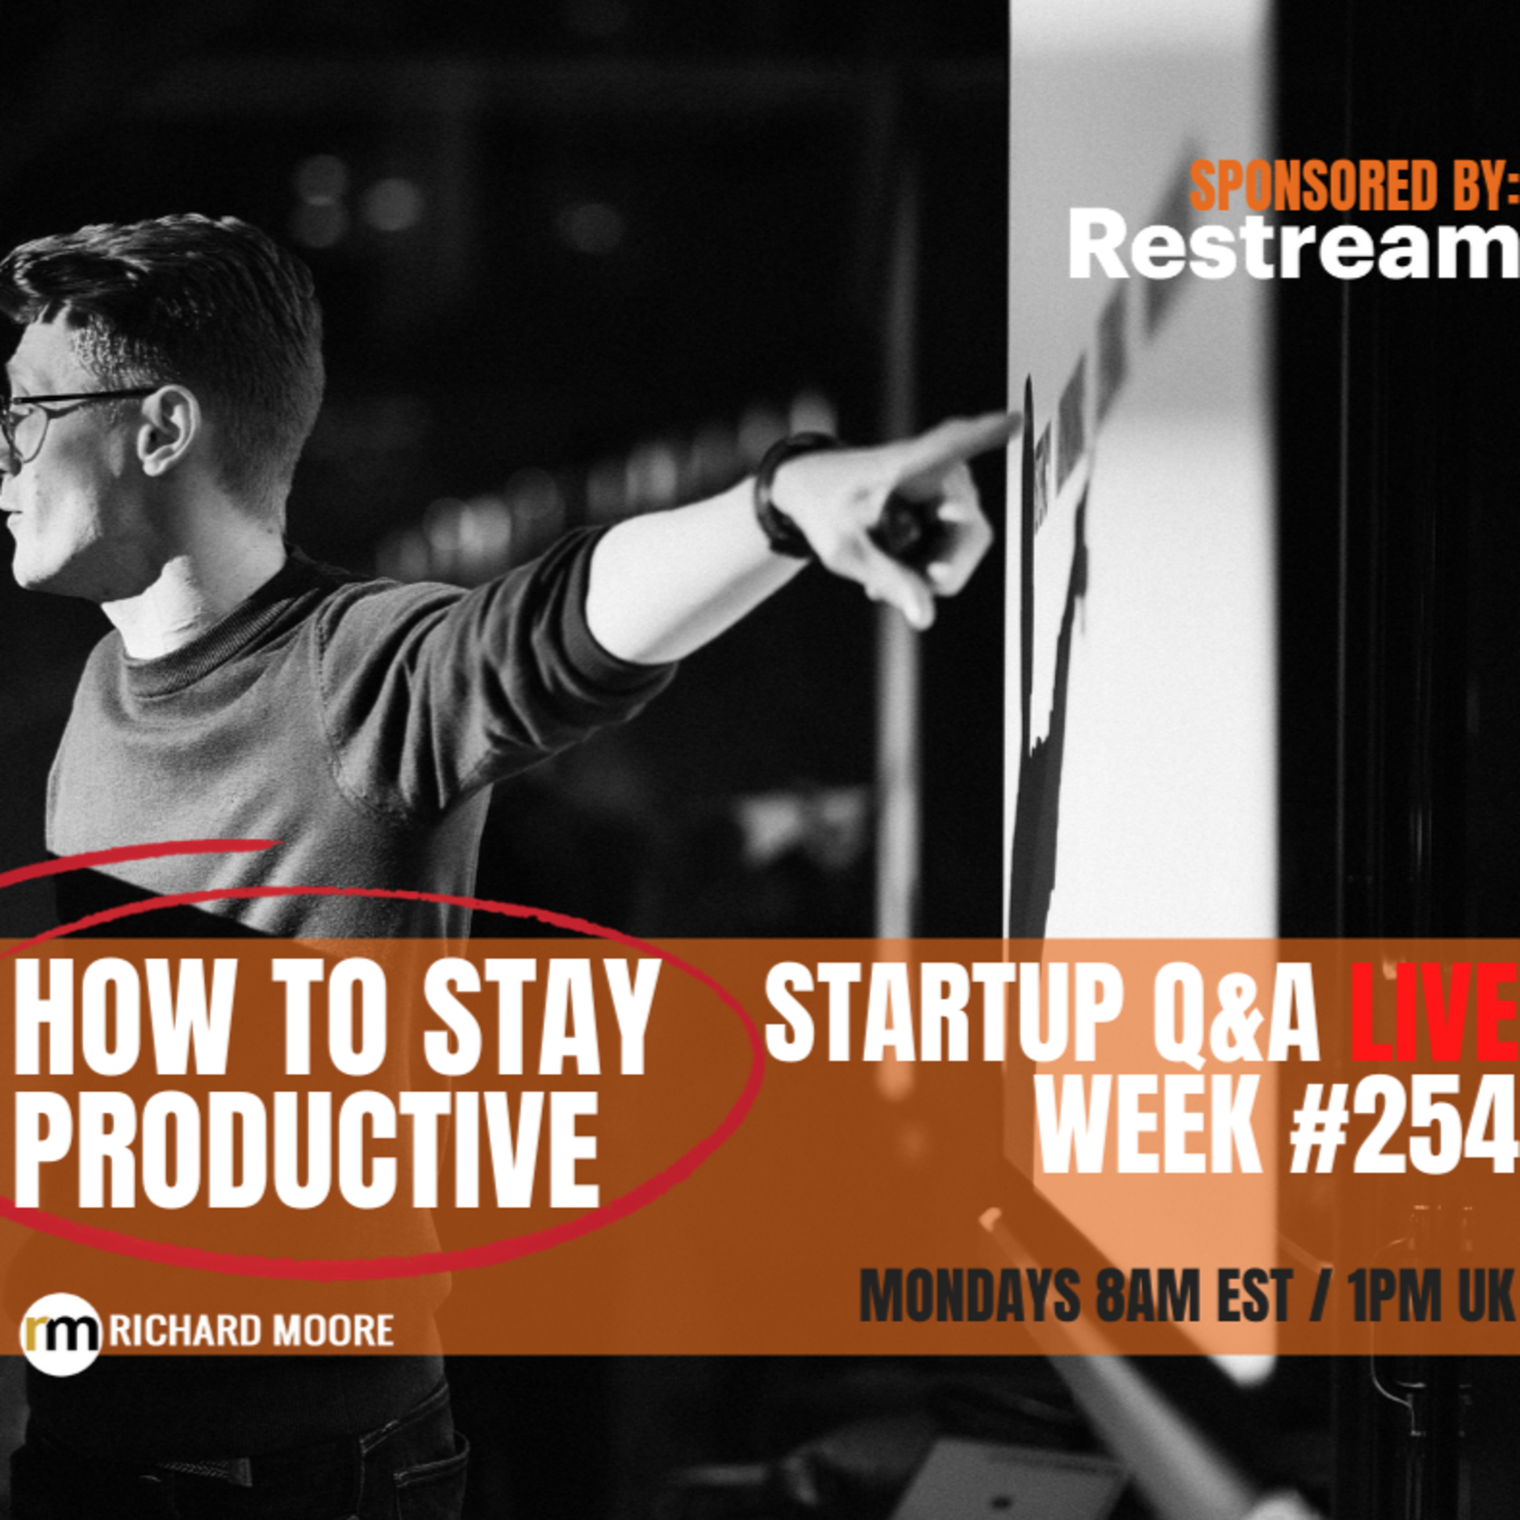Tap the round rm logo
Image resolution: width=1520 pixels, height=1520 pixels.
pos(61,1355)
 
